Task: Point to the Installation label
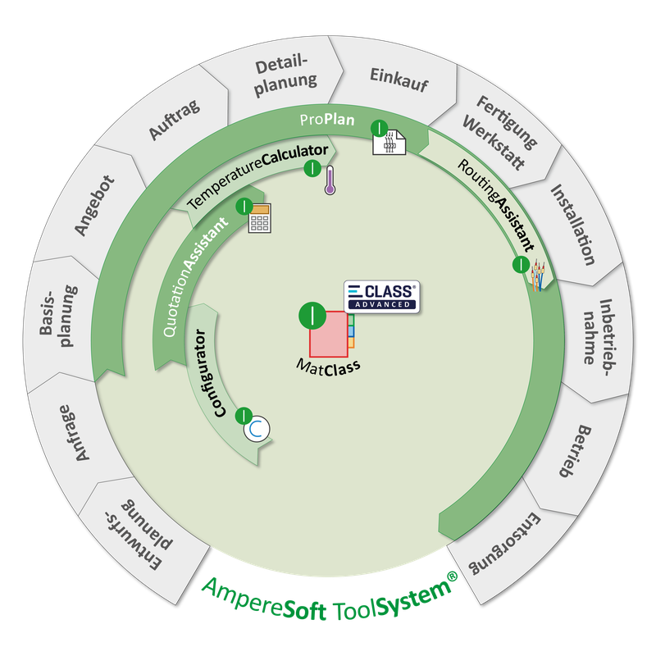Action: point(572,224)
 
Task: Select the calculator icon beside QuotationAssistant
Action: point(260,219)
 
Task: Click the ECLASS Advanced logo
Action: point(381,295)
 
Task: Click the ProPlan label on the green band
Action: point(326,120)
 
